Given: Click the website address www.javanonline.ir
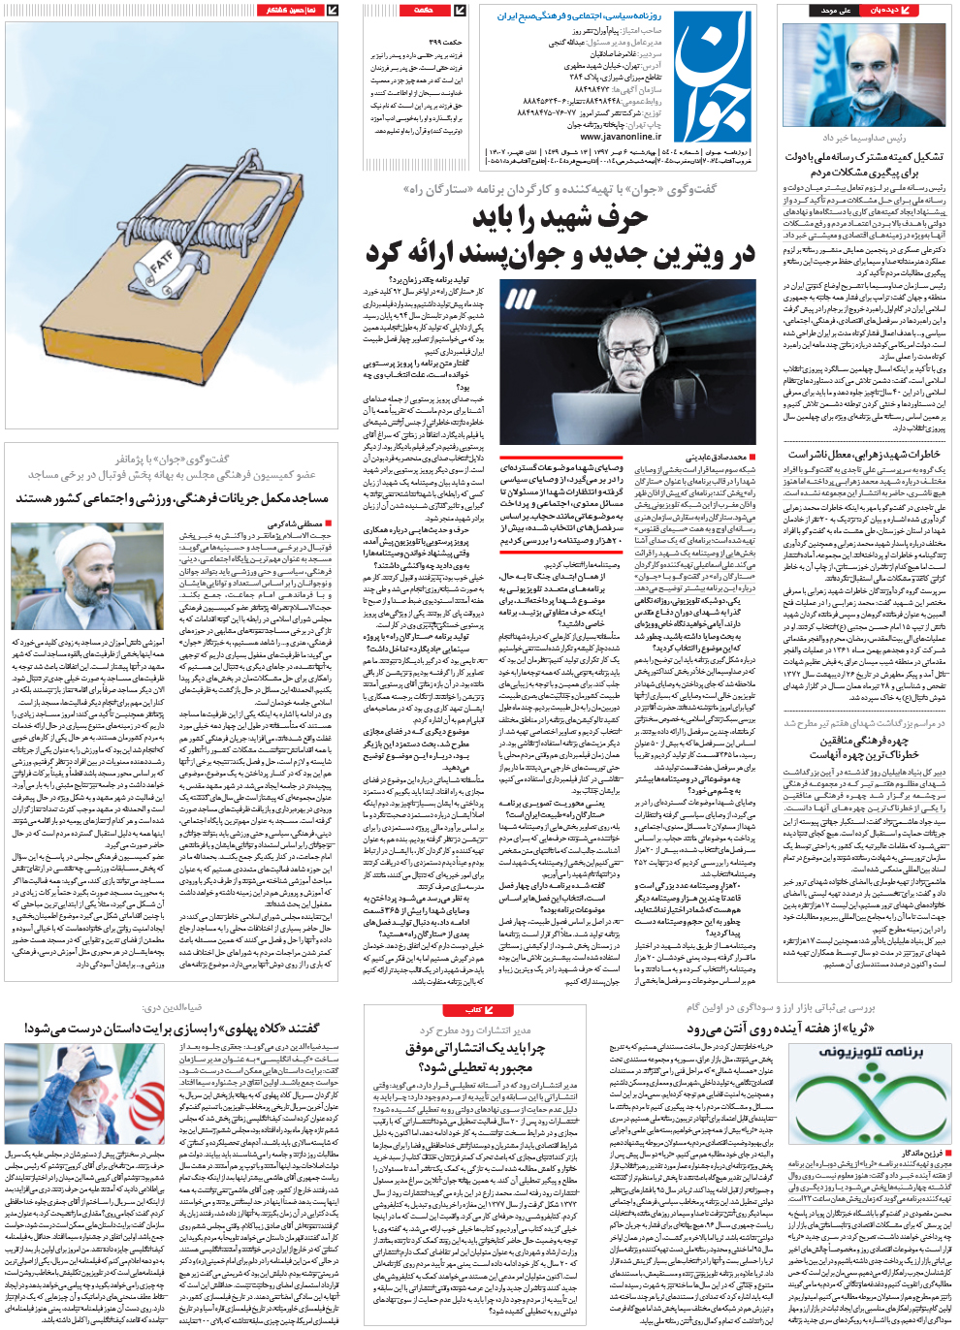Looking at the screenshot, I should (621, 138).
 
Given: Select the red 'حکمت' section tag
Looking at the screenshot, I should (425, 10).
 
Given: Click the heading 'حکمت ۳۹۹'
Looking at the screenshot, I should (445, 43).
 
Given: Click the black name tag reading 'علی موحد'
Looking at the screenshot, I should (835, 10).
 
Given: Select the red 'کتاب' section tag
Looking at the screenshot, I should (474, 1010).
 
